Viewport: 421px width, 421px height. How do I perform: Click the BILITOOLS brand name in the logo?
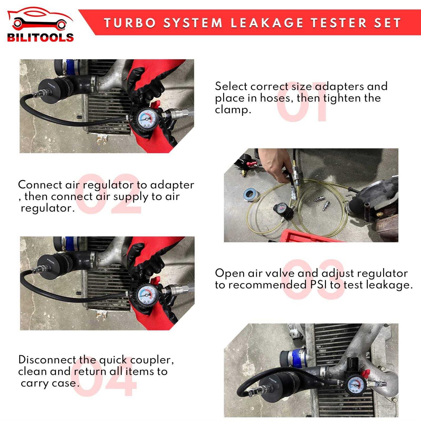(x=40, y=38)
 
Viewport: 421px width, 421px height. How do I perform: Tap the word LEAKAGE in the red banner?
(x=267, y=23)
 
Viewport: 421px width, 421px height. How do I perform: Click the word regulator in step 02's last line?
(x=47, y=208)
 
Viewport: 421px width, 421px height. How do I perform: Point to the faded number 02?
(x=108, y=194)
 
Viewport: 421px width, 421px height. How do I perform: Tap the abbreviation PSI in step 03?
(x=318, y=285)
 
